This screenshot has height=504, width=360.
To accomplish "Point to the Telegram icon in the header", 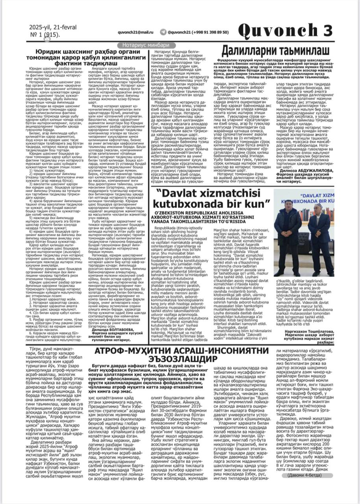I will tap(163, 32).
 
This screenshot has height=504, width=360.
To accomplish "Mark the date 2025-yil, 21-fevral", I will tap(53, 27).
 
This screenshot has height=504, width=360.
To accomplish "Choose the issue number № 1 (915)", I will tap(44, 35).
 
